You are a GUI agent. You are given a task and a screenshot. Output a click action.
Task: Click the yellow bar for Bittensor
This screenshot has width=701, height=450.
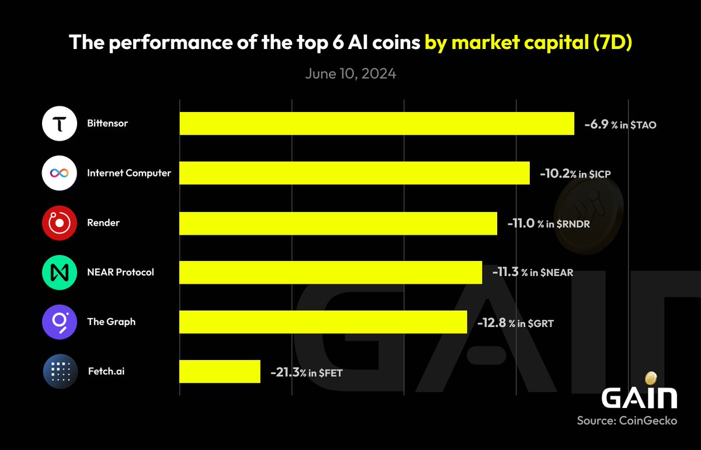(377, 124)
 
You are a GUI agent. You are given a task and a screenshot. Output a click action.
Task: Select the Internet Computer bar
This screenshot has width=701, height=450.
(355, 173)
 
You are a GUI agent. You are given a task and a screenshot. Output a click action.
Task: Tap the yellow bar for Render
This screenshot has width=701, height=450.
(338, 223)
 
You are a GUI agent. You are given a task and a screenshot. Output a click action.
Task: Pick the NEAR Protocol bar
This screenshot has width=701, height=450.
(331, 272)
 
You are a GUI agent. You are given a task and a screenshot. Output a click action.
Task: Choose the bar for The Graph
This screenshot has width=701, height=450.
(323, 322)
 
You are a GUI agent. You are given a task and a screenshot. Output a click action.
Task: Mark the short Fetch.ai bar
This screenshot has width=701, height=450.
(220, 371)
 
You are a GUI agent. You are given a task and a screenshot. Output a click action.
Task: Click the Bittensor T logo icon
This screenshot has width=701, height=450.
(60, 124)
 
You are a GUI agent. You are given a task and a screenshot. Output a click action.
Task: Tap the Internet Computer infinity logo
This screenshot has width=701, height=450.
(60, 173)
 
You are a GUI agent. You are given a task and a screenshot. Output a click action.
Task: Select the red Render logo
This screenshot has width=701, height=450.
(60, 223)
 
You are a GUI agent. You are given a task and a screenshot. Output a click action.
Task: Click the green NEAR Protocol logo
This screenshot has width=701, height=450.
(60, 272)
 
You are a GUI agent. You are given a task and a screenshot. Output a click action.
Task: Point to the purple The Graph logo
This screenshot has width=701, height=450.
(60, 322)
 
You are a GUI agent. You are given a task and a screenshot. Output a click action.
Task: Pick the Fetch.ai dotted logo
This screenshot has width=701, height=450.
(60, 371)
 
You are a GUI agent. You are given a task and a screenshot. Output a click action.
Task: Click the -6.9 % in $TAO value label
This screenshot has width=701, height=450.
(620, 124)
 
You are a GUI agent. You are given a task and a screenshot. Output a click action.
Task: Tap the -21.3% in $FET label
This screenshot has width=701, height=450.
(306, 372)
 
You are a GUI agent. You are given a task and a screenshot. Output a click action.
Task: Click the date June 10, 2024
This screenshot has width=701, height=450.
(350, 74)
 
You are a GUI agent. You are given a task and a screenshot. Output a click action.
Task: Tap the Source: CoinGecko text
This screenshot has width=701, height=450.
(627, 420)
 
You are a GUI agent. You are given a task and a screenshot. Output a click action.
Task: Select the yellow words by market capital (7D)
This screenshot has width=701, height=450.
(529, 43)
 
